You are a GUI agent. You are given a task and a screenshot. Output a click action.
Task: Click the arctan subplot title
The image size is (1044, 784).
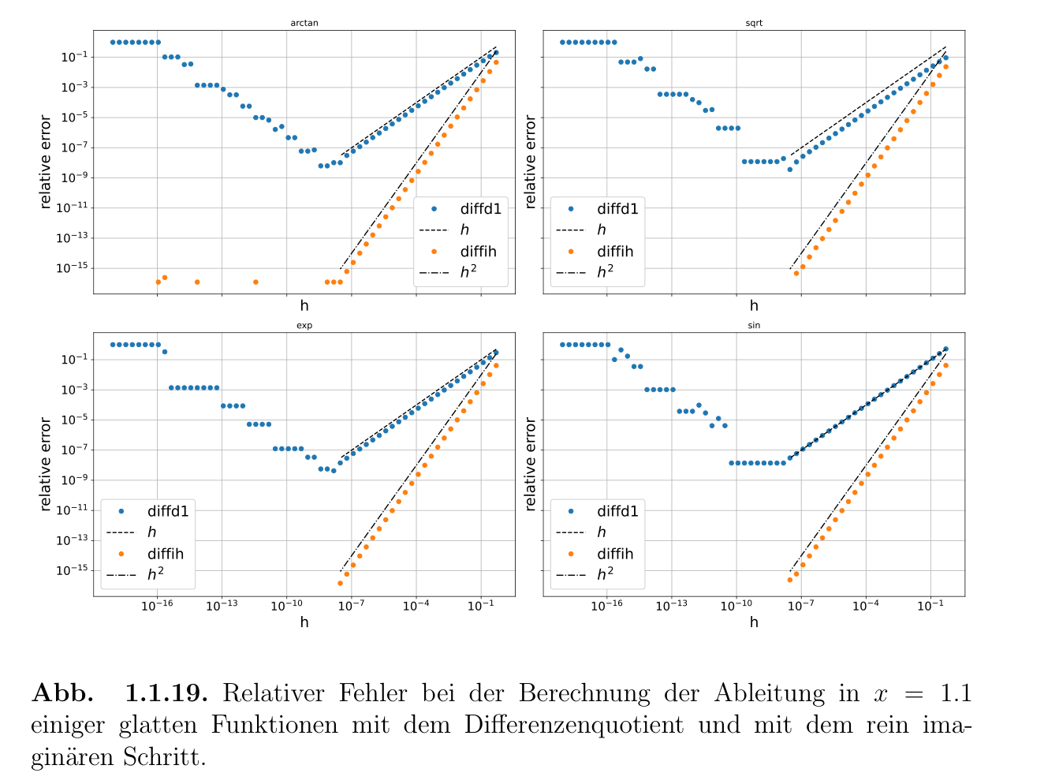click(x=304, y=23)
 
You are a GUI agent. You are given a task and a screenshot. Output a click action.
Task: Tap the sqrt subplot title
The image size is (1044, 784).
click(x=754, y=23)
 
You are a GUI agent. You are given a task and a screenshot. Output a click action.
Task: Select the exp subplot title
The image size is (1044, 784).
click(x=304, y=325)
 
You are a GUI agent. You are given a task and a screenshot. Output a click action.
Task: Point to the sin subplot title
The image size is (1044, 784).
click(x=754, y=325)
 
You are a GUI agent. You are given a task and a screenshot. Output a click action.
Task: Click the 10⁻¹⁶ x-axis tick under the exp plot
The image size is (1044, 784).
click(x=157, y=605)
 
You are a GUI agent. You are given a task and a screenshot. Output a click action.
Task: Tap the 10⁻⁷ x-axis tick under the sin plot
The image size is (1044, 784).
click(x=800, y=605)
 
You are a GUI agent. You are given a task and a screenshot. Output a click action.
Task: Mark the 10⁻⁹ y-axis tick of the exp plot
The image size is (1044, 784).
click(x=72, y=480)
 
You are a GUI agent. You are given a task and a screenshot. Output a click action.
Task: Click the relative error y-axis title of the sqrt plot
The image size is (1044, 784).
click(x=530, y=162)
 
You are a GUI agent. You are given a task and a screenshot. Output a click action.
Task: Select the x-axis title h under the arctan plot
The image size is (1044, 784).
click(x=304, y=306)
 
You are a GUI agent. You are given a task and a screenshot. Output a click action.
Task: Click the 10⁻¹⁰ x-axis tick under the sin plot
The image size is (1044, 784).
click(x=736, y=605)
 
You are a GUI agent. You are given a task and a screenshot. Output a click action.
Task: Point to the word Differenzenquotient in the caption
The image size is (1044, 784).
click(x=574, y=724)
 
